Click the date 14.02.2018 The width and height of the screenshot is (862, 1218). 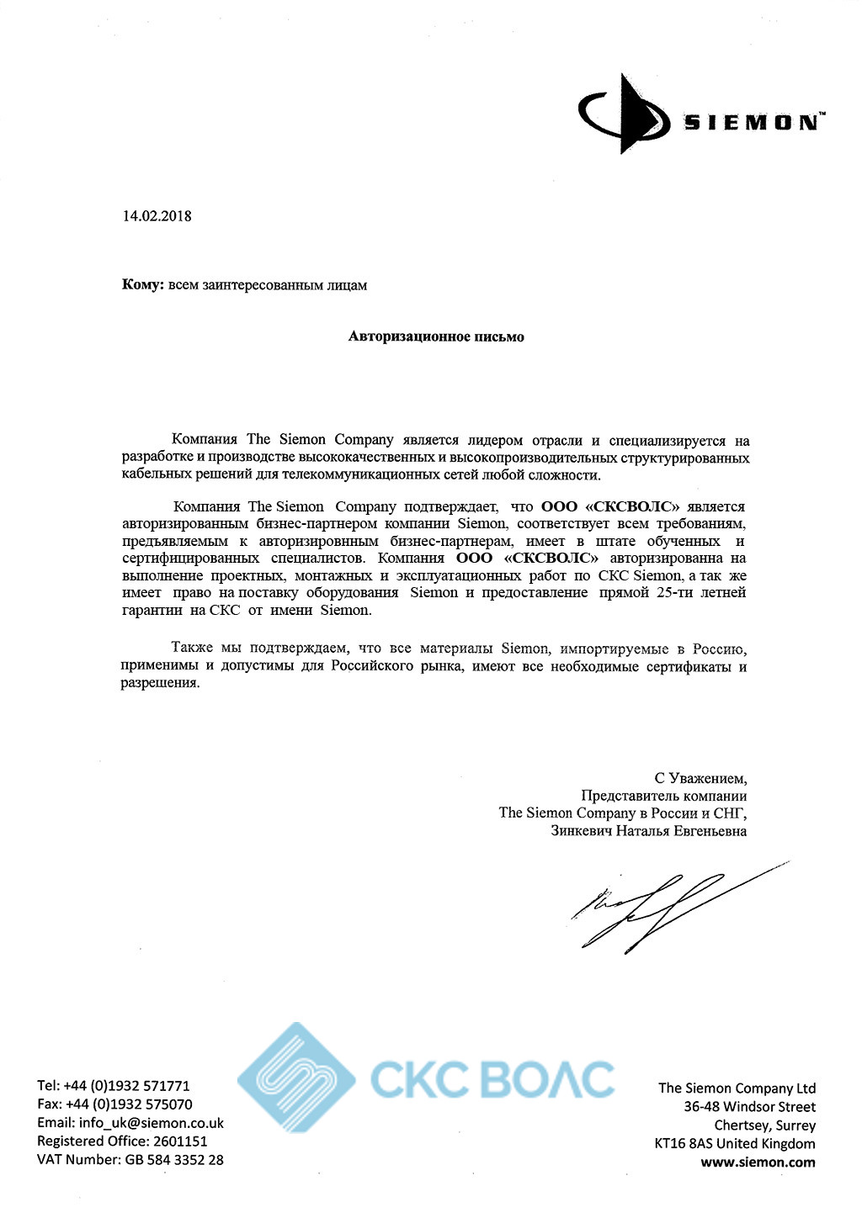[157, 216]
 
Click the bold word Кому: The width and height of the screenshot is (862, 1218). [142, 285]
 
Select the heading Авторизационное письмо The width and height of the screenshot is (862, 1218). [436, 337]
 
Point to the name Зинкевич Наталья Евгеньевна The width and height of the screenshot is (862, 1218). [648, 831]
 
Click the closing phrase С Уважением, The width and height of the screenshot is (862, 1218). [700, 779]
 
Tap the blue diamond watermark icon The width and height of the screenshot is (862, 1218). [295, 1078]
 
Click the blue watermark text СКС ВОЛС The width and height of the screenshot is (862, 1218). [492, 1079]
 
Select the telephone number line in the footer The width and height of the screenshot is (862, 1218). [114, 1086]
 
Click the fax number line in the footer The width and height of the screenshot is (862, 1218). [114, 1104]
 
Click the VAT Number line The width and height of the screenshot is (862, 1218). [130, 1160]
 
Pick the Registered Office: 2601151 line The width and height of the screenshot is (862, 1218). [122, 1141]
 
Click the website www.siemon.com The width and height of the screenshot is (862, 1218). [758, 1162]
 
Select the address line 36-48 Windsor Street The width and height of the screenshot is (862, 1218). [749, 1107]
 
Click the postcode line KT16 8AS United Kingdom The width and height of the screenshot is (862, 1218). [734, 1144]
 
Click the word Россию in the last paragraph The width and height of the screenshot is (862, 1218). [719, 649]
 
